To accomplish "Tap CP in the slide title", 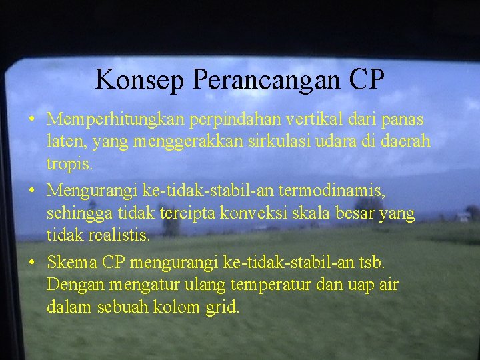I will (365, 79).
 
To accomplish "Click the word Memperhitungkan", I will (117, 120).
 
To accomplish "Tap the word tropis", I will (70, 164).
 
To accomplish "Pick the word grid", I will (223, 307).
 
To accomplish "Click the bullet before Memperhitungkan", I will (32, 121).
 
